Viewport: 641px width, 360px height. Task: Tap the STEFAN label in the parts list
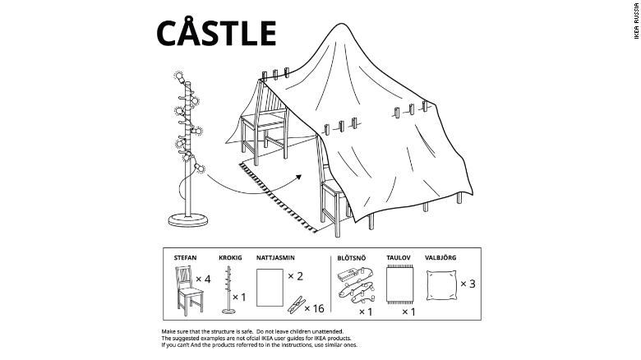click(x=185, y=258)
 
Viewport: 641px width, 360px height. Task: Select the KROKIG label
click(x=230, y=258)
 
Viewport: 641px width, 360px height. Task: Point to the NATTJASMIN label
click(x=275, y=258)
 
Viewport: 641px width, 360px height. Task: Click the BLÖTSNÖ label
click(x=352, y=258)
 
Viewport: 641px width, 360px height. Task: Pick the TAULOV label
click(x=399, y=258)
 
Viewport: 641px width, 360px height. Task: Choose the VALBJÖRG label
click(x=440, y=258)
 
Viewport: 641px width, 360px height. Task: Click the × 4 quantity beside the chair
click(x=203, y=279)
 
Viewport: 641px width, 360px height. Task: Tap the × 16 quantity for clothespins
click(x=314, y=308)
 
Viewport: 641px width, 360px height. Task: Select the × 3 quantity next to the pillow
click(x=468, y=284)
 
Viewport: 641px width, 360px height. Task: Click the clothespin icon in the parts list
click(x=297, y=305)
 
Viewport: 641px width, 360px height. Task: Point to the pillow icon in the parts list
click(x=441, y=285)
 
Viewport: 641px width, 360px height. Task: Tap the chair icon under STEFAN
click(x=190, y=290)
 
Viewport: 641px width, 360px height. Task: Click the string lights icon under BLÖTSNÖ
click(x=356, y=285)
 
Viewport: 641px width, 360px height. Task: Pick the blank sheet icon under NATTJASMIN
click(x=270, y=288)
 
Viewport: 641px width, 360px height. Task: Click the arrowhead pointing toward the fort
click(x=298, y=178)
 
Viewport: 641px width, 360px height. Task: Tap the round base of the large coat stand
click(x=188, y=219)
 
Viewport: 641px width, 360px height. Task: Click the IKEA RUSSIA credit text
click(x=636, y=21)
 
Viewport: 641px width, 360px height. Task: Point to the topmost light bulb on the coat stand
click(x=179, y=76)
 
